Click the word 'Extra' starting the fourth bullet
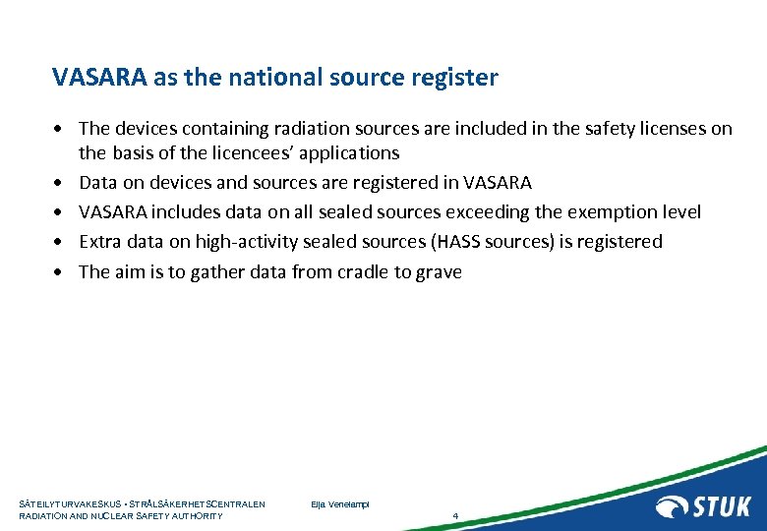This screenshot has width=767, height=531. pyautogui.click(x=99, y=242)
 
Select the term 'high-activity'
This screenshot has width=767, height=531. pyautogui.click(x=245, y=242)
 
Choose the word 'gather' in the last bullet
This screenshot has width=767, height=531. pyautogui.click(x=216, y=272)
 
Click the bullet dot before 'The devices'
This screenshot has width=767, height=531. pyautogui.click(x=60, y=130)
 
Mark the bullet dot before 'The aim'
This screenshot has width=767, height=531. pyautogui.click(x=60, y=273)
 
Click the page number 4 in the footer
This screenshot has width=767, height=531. pyautogui.click(x=455, y=516)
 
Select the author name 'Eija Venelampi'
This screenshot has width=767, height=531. pyautogui.click(x=339, y=504)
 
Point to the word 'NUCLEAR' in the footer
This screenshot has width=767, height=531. pyautogui.click(x=109, y=516)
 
